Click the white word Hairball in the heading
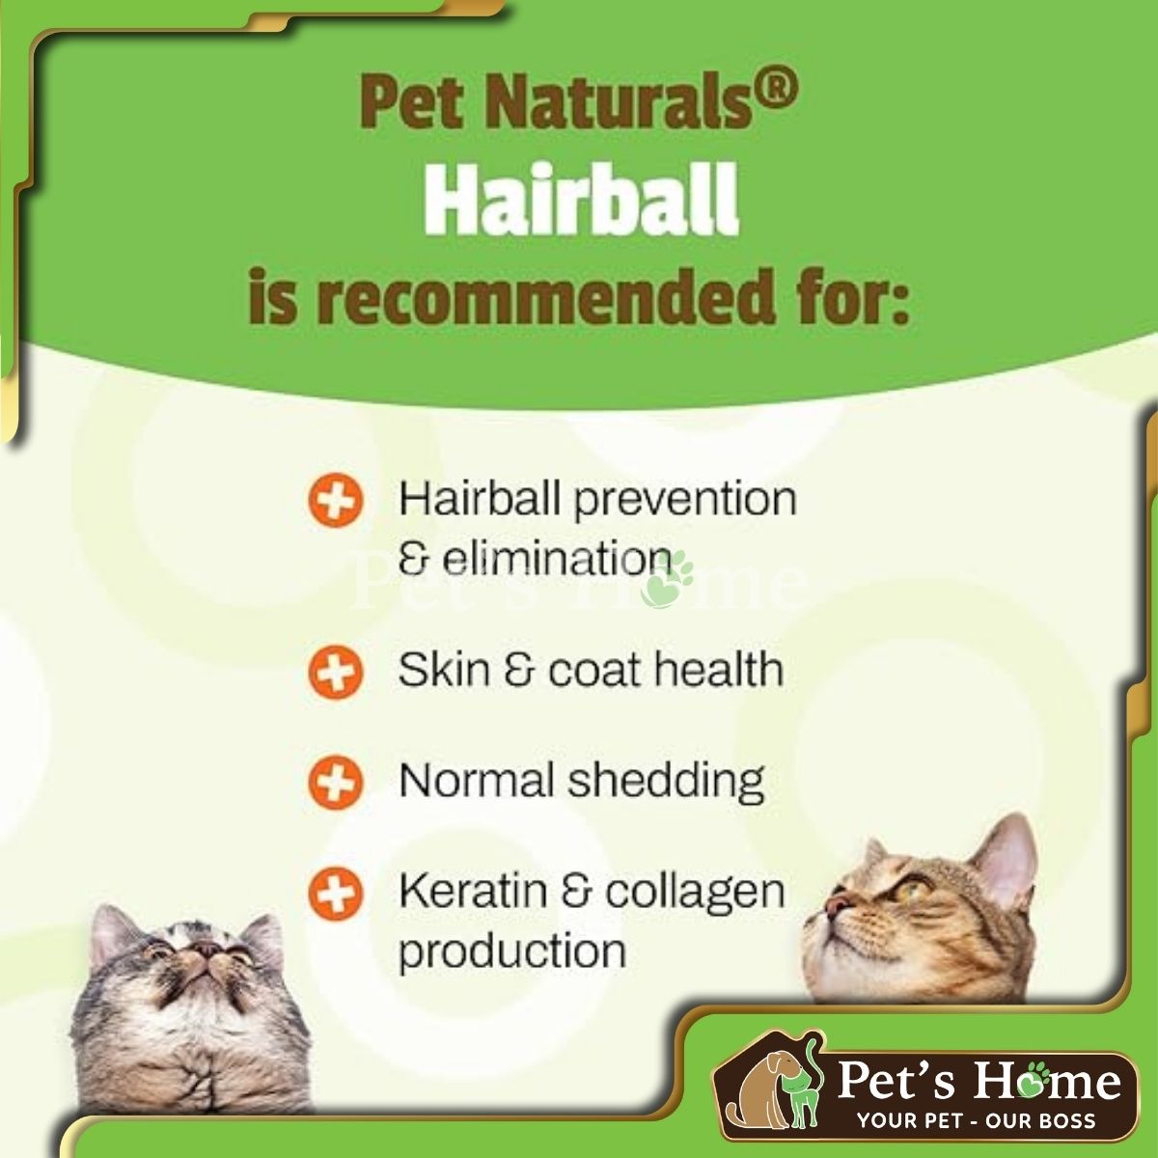point(581,202)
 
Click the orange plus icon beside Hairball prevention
point(335,500)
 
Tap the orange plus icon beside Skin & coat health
point(335,672)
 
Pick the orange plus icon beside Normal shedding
point(335,783)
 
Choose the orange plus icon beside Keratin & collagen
point(335,893)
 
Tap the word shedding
point(666,783)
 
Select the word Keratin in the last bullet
point(472,892)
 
